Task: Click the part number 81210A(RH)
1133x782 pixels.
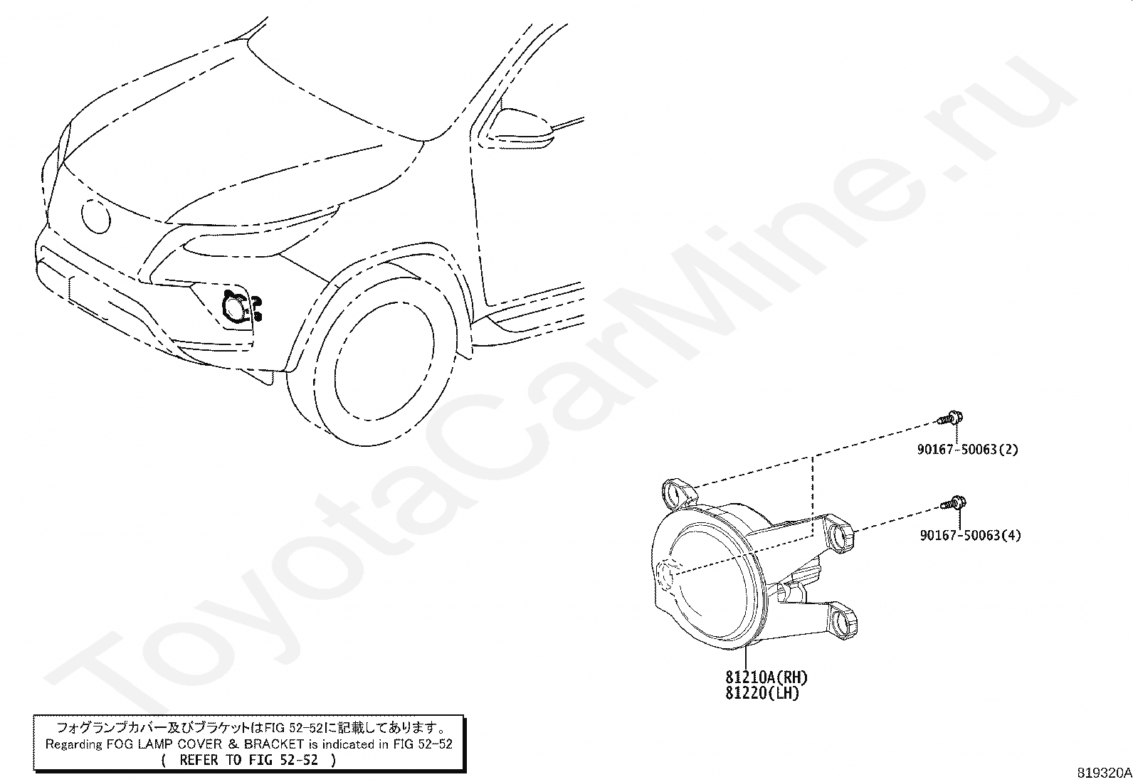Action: [x=766, y=677]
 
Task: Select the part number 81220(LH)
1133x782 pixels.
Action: [x=762, y=692]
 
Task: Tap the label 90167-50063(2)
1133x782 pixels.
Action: [x=967, y=450]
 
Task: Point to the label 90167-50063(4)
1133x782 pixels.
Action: [x=969, y=535]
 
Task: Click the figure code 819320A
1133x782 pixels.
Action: [x=1104, y=773]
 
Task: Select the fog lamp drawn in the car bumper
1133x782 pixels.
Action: [x=235, y=309]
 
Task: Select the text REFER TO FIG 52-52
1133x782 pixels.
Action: [x=249, y=759]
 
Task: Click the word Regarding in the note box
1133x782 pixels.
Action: [x=74, y=744]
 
